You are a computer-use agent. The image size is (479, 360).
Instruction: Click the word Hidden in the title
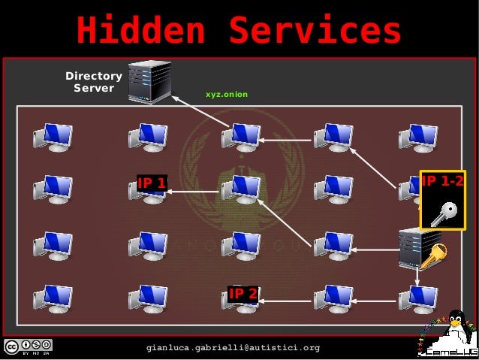[x=140, y=31]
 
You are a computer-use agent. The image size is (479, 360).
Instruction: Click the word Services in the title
[x=315, y=31]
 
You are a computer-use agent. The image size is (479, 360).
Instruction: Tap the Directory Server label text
[x=94, y=82]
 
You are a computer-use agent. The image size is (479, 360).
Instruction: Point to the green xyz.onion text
[x=227, y=95]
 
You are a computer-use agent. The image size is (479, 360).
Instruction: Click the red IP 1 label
[x=152, y=182]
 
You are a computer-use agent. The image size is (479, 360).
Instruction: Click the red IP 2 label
[x=243, y=293]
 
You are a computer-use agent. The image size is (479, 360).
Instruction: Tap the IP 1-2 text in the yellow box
[x=442, y=181]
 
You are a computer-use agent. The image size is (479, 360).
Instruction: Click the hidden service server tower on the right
[x=409, y=247]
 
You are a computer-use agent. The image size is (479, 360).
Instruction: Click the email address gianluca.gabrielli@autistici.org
[x=233, y=348]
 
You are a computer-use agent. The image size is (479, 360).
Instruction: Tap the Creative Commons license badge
[x=27, y=347]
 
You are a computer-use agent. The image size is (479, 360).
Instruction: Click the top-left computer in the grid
[x=52, y=137]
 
